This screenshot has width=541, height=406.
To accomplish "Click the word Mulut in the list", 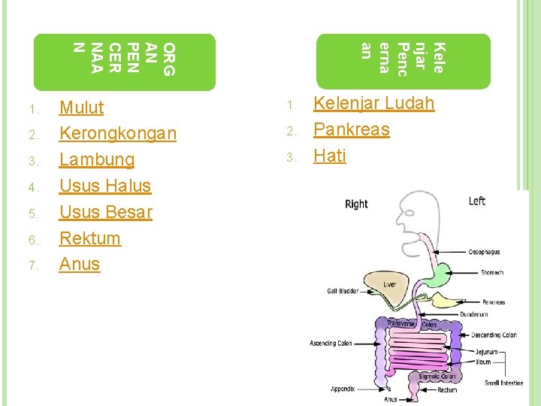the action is pyautogui.click(x=81, y=108).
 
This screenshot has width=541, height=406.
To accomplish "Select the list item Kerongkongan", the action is pyautogui.click(x=117, y=134).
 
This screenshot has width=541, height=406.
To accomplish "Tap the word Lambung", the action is pyautogui.click(x=96, y=160).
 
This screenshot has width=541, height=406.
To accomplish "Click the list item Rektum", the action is pyautogui.click(x=89, y=238).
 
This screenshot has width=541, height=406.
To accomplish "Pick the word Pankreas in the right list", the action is pyautogui.click(x=351, y=129).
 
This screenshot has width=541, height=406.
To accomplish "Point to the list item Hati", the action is pyautogui.click(x=329, y=156).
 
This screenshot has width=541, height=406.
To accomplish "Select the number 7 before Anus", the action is pyautogui.click(x=33, y=265).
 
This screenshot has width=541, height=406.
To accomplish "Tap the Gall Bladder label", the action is pyautogui.click(x=343, y=290).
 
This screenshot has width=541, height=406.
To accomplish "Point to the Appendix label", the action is pyautogui.click(x=343, y=389).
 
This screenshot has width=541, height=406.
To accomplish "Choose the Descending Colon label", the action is pyautogui.click(x=494, y=335).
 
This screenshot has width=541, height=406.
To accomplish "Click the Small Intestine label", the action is pyautogui.click(x=503, y=383).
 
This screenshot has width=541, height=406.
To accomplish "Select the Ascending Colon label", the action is pyautogui.click(x=331, y=344).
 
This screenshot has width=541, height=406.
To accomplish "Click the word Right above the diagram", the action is pyautogui.click(x=356, y=204).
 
